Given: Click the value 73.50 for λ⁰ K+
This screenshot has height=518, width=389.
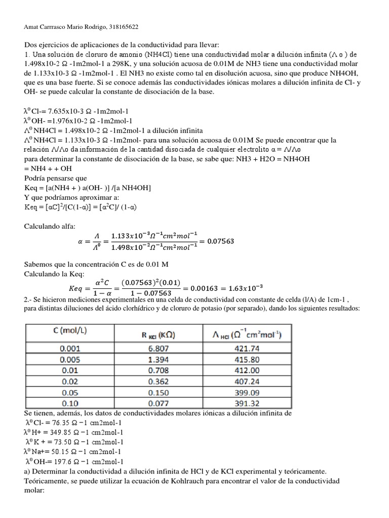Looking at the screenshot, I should (61, 442).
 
